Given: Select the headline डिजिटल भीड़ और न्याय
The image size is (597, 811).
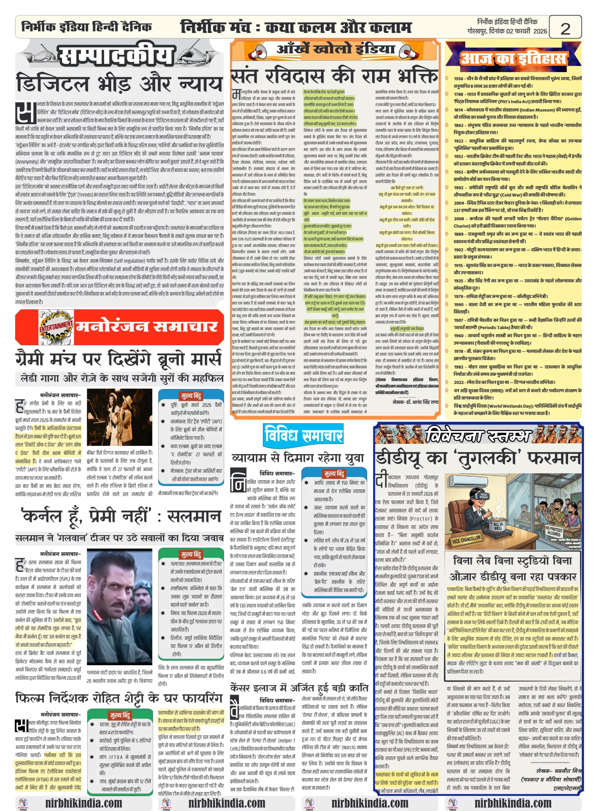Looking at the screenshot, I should [119, 83].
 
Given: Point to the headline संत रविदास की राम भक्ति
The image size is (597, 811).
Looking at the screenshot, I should [334, 76].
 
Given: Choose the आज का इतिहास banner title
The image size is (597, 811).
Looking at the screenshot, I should [513, 58].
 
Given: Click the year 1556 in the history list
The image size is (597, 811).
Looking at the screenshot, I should [459, 78].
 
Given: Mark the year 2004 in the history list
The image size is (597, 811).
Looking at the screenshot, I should [459, 203].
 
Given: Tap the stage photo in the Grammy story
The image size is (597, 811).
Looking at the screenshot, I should [119, 417].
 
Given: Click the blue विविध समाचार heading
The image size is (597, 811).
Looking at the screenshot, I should [303, 435].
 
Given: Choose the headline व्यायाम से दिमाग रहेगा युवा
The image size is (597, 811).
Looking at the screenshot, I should [298, 458].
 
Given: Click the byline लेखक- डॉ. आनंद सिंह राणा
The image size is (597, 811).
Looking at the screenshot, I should [416, 402].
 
